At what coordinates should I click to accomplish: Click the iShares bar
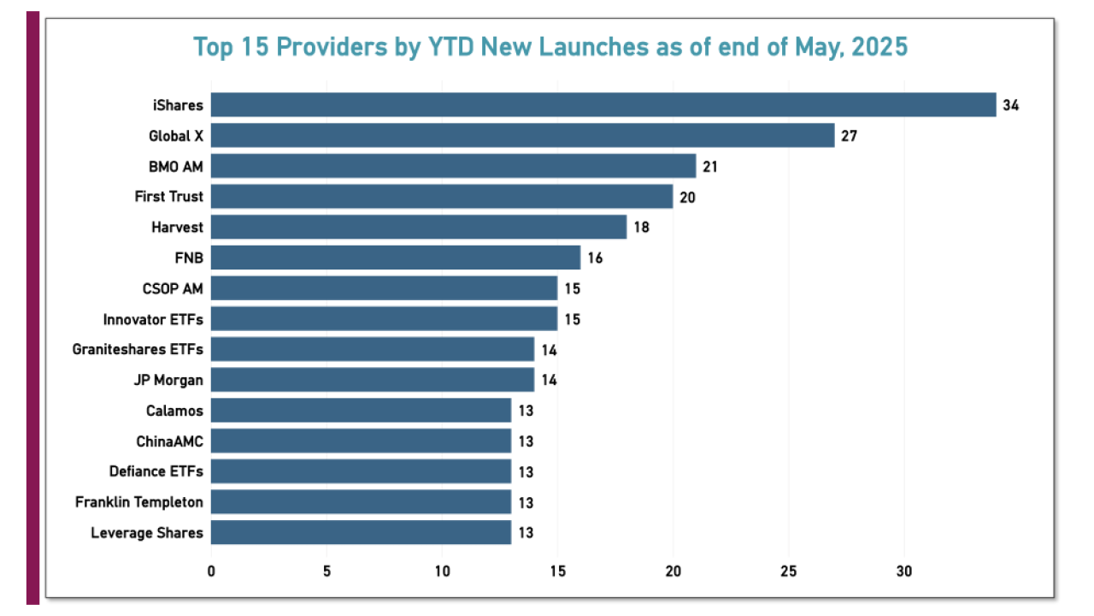coord(603,105)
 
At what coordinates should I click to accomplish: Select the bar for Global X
coord(522,135)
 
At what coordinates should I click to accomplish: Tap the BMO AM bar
coord(453,166)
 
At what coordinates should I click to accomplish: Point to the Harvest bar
coord(419,228)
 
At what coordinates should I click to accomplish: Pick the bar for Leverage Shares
coord(361,532)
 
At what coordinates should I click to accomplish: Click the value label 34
coord(1011,105)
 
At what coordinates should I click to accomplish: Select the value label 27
coord(849,136)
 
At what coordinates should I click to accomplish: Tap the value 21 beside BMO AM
coord(710,167)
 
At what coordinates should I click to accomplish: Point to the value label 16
coord(595,258)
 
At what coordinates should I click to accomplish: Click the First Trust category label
coord(169,197)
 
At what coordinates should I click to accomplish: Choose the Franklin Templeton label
coord(139,502)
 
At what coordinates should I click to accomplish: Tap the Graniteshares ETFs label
coord(138,349)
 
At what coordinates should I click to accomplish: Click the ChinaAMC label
coord(169,441)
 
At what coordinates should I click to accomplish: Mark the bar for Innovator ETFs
coord(384,319)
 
